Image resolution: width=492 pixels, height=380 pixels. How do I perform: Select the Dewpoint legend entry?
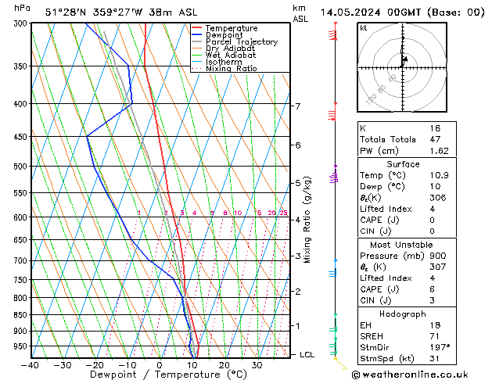click(227, 34)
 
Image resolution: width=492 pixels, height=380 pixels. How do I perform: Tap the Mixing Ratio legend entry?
click(232, 69)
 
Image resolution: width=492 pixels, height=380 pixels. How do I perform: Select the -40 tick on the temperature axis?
click(31, 364)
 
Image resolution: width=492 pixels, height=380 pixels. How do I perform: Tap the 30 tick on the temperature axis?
click(257, 364)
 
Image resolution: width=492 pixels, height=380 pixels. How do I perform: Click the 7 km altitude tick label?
click(297, 106)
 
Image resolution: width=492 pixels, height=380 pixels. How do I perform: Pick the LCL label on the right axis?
click(308, 354)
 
